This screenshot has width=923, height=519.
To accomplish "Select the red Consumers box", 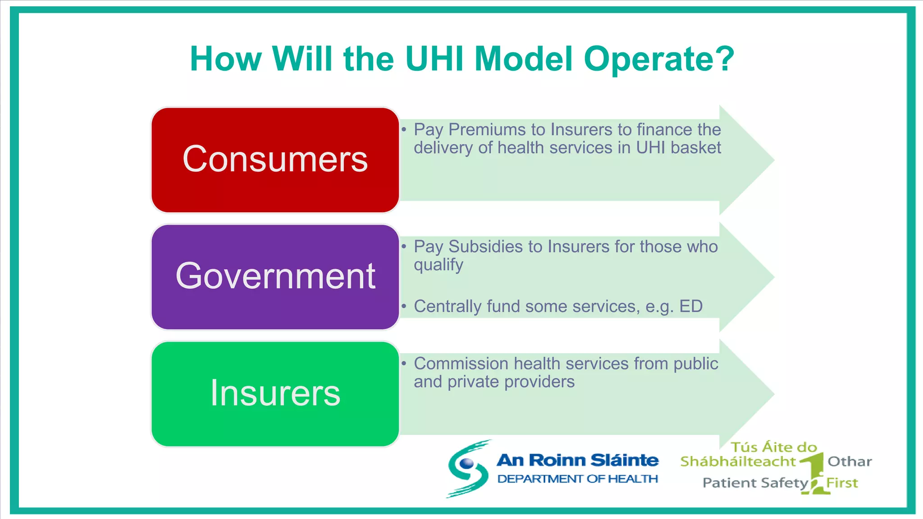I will [x=275, y=160].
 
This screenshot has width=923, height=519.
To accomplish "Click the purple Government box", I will [x=275, y=277].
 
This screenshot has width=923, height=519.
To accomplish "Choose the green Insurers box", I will [x=275, y=394].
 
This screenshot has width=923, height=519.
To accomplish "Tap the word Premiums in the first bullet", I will [x=487, y=130].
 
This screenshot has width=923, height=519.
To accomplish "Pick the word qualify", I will [x=438, y=265].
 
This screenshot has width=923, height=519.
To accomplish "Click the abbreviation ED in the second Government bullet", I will [x=690, y=306].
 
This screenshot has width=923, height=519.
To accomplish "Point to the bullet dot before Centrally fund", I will [x=404, y=306].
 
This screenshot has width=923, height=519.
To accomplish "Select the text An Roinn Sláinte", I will [x=577, y=460].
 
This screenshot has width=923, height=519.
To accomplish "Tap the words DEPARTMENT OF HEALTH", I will [x=577, y=479].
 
